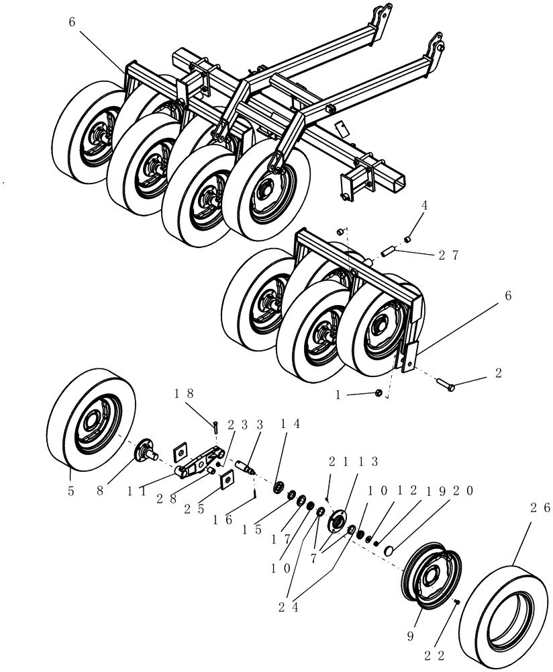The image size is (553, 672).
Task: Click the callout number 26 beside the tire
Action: pyautogui.click(x=537, y=508)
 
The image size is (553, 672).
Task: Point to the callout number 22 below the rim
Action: pyautogui.click(x=448, y=650)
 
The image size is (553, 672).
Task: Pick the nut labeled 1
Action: pyautogui.click(x=379, y=393)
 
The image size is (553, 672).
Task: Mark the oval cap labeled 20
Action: pyautogui.click(x=389, y=551)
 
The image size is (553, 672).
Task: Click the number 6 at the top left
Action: pyautogui.click(x=72, y=22)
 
